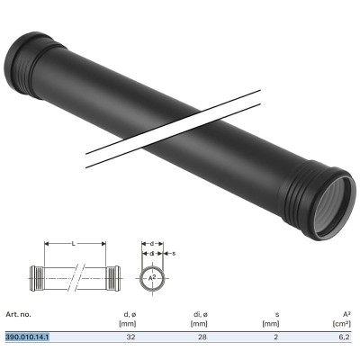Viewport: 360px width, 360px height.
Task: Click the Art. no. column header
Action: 17,314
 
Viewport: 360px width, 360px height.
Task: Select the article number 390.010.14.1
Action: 28,337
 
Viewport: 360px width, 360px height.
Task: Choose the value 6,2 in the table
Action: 345,337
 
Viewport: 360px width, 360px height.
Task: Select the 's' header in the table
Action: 278,314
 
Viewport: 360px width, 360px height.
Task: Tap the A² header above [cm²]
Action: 346,314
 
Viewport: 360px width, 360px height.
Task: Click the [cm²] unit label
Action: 342,323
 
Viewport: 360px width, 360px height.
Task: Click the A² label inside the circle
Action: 152,278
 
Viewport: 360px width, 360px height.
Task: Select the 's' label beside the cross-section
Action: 173,253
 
